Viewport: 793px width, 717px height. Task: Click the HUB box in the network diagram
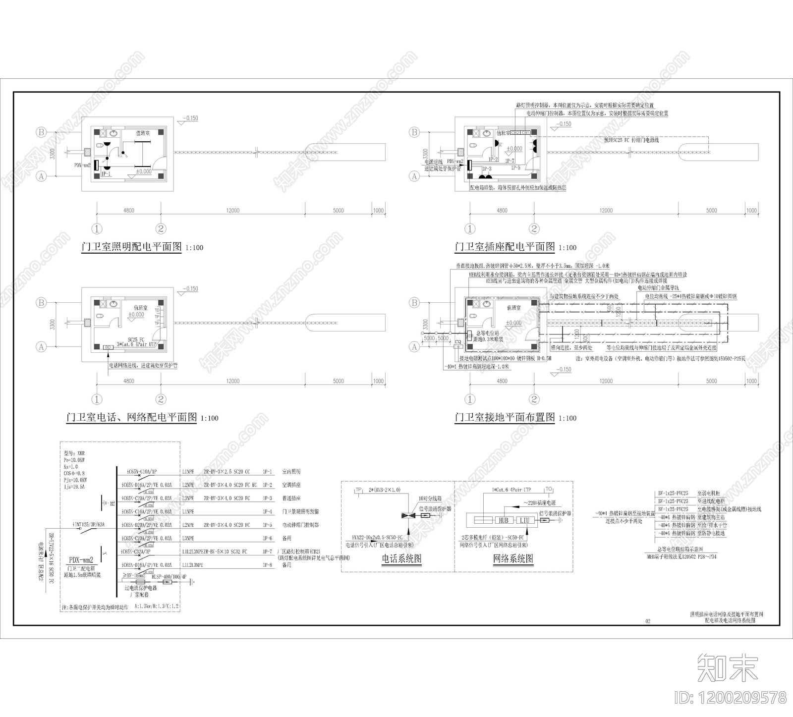click(x=504, y=520)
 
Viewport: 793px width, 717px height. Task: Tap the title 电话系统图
click(x=401, y=559)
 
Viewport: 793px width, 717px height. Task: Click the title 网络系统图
click(x=513, y=559)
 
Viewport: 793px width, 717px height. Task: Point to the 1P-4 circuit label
click(x=268, y=511)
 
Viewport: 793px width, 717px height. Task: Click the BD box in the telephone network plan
click(x=107, y=347)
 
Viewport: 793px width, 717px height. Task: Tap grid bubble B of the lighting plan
click(x=41, y=132)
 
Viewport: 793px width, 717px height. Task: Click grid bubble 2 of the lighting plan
click(x=161, y=228)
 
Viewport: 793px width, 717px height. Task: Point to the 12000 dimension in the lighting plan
click(x=232, y=211)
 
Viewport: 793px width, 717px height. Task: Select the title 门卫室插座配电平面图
click(x=505, y=247)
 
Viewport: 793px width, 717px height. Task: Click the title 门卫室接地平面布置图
click(x=505, y=417)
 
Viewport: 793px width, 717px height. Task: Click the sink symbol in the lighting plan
click(x=114, y=133)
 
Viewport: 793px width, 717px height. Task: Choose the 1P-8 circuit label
click(x=268, y=564)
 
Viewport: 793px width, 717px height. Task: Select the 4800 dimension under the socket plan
click(x=502, y=211)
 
